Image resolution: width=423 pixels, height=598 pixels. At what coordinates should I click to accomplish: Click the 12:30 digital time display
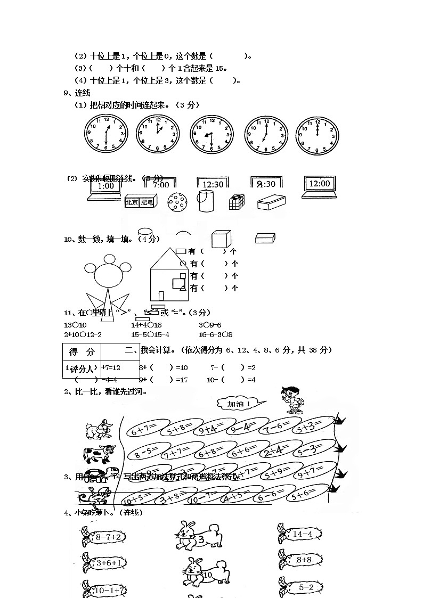[213, 184]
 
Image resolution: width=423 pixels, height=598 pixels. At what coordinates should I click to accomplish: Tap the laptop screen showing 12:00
[319, 184]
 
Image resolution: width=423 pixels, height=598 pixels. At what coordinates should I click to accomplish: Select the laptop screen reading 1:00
[105, 186]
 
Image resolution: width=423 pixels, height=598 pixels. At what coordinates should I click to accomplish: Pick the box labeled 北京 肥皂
[140, 202]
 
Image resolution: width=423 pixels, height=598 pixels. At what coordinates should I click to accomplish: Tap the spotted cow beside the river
[99, 454]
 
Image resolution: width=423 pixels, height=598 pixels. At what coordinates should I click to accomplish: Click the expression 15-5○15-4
[150, 334]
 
